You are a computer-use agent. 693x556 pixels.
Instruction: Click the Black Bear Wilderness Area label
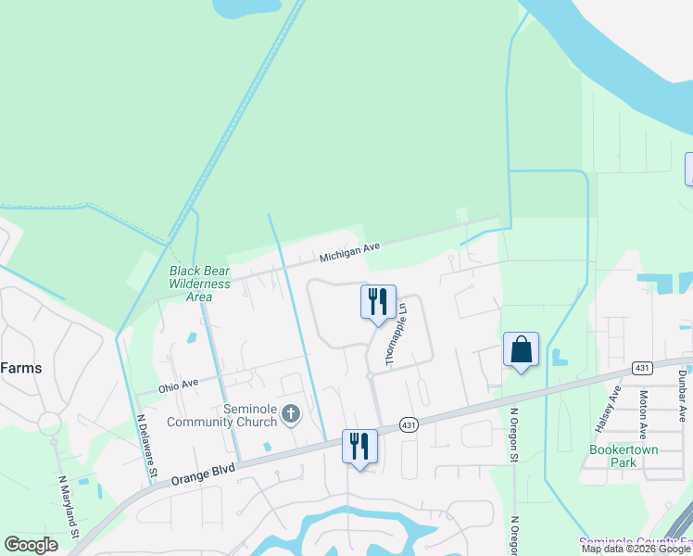(x=199, y=284)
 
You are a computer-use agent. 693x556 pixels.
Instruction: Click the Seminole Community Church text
(x=222, y=415)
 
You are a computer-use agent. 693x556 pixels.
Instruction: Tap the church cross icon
(x=291, y=413)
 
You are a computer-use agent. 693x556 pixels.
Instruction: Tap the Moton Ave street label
(x=643, y=413)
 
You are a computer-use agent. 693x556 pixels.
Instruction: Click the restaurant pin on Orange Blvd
(x=359, y=447)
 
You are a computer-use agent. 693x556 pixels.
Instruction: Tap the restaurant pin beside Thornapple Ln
(x=378, y=302)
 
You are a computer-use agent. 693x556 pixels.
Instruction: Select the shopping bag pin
(x=521, y=350)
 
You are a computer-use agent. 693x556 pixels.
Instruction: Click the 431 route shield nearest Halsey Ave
(x=642, y=368)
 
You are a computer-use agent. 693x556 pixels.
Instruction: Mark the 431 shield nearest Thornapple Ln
(x=408, y=424)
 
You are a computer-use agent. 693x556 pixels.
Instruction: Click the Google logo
(x=31, y=545)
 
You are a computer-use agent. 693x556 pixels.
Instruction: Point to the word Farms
(x=20, y=367)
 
